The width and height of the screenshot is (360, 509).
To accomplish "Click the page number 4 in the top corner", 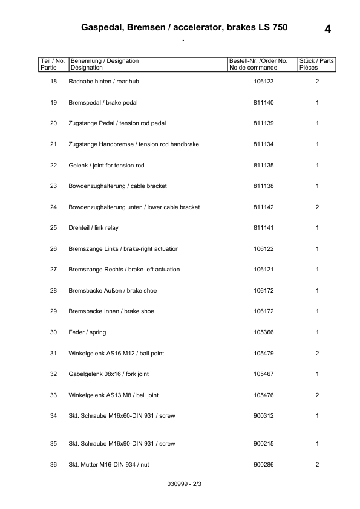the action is pyautogui.click(x=327, y=29).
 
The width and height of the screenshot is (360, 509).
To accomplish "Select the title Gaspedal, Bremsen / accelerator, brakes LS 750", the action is pyautogui.click(x=184, y=27).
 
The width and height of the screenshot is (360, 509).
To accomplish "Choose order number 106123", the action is pyautogui.click(x=264, y=82).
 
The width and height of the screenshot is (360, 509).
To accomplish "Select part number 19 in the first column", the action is pyautogui.click(x=53, y=103).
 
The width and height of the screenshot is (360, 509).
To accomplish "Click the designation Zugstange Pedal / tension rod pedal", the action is pyautogui.click(x=117, y=123).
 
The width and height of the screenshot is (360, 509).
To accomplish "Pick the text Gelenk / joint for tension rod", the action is pyautogui.click(x=106, y=165).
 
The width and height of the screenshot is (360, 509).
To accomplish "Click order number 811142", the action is pyautogui.click(x=264, y=207).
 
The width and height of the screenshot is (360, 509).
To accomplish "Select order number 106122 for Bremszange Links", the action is pyautogui.click(x=264, y=249).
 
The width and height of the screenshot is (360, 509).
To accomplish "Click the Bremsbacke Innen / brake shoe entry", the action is pyautogui.click(x=111, y=311).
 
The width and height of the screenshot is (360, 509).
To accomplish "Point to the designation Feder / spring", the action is pyautogui.click(x=88, y=332).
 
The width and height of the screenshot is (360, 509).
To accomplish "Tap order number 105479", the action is pyautogui.click(x=264, y=354).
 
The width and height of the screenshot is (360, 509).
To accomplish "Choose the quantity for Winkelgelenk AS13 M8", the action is pyautogui.click(x=317, y=395).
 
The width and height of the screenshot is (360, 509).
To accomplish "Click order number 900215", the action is pyautogui.click(x=264, y=444).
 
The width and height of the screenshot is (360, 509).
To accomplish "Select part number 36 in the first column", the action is pyautogui.click(x=53, y=464).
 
